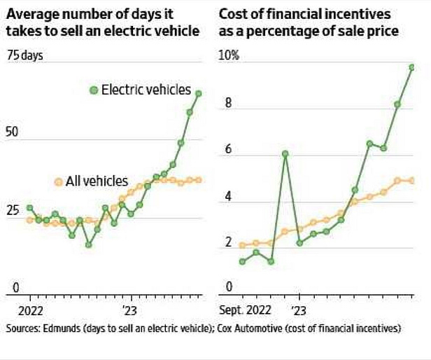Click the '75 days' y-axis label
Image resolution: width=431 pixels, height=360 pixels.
[25, 56]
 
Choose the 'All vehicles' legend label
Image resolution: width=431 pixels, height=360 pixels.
[97, 181]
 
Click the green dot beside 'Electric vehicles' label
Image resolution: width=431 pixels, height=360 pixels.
[94, 90]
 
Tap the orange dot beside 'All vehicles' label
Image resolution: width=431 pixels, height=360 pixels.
[58, 181]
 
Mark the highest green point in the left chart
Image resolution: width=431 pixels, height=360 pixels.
[198, 93]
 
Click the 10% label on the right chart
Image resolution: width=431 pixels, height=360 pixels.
[229, 56]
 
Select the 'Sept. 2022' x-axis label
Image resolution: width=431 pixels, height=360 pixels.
[245, 308]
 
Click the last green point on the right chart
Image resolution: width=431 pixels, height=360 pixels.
[412, 67]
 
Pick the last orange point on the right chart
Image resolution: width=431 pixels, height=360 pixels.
[412, 180]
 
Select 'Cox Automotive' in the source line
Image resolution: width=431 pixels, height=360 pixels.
[263, 327]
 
